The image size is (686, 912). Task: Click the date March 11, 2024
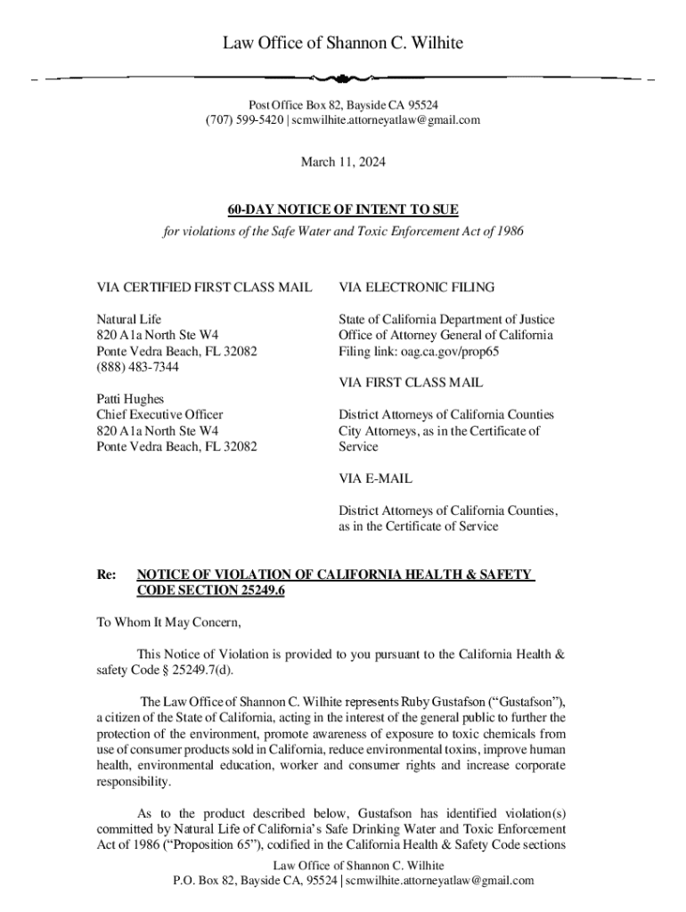pyautogui.click(x=343, y=162)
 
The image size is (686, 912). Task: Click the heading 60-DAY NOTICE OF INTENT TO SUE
pyautogui.click(x=343, y=210)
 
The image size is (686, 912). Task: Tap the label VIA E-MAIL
pyautogui.click(x=375, y=478)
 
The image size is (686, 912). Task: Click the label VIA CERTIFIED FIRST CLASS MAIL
pyautogui.click(x=204, y=287)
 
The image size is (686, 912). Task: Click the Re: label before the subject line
pyautogui.click(x=106, y=575)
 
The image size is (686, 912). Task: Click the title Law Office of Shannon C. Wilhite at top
pyautogui.click(x=343, y=43)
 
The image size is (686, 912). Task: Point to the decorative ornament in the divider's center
pyautogui.click(x=343, y=77)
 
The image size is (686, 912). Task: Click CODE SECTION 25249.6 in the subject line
pyautogui.click(x=210, y=591)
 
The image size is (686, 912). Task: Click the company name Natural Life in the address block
pyautogui.click(x=129, y=319)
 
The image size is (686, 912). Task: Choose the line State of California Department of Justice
pyautogui.click(x=445, y=319)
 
